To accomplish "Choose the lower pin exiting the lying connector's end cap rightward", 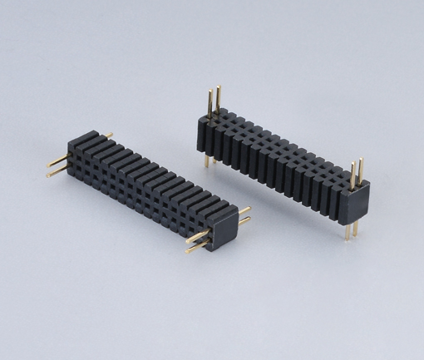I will [244, 224].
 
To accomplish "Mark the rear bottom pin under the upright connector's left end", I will [214, 158].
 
